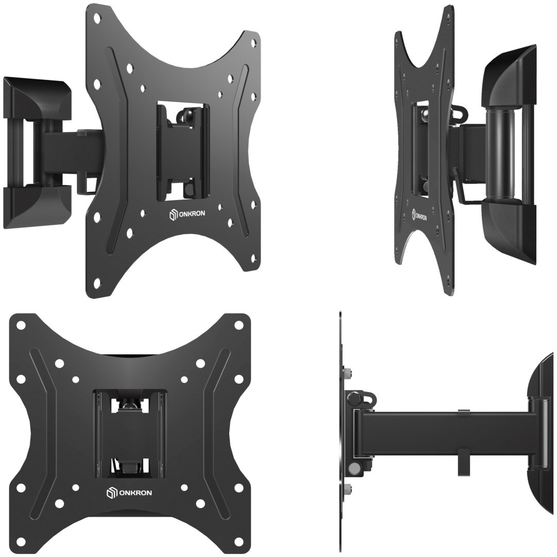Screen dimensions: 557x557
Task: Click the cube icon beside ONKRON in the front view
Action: pyautogui.click(x=111, y=493)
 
